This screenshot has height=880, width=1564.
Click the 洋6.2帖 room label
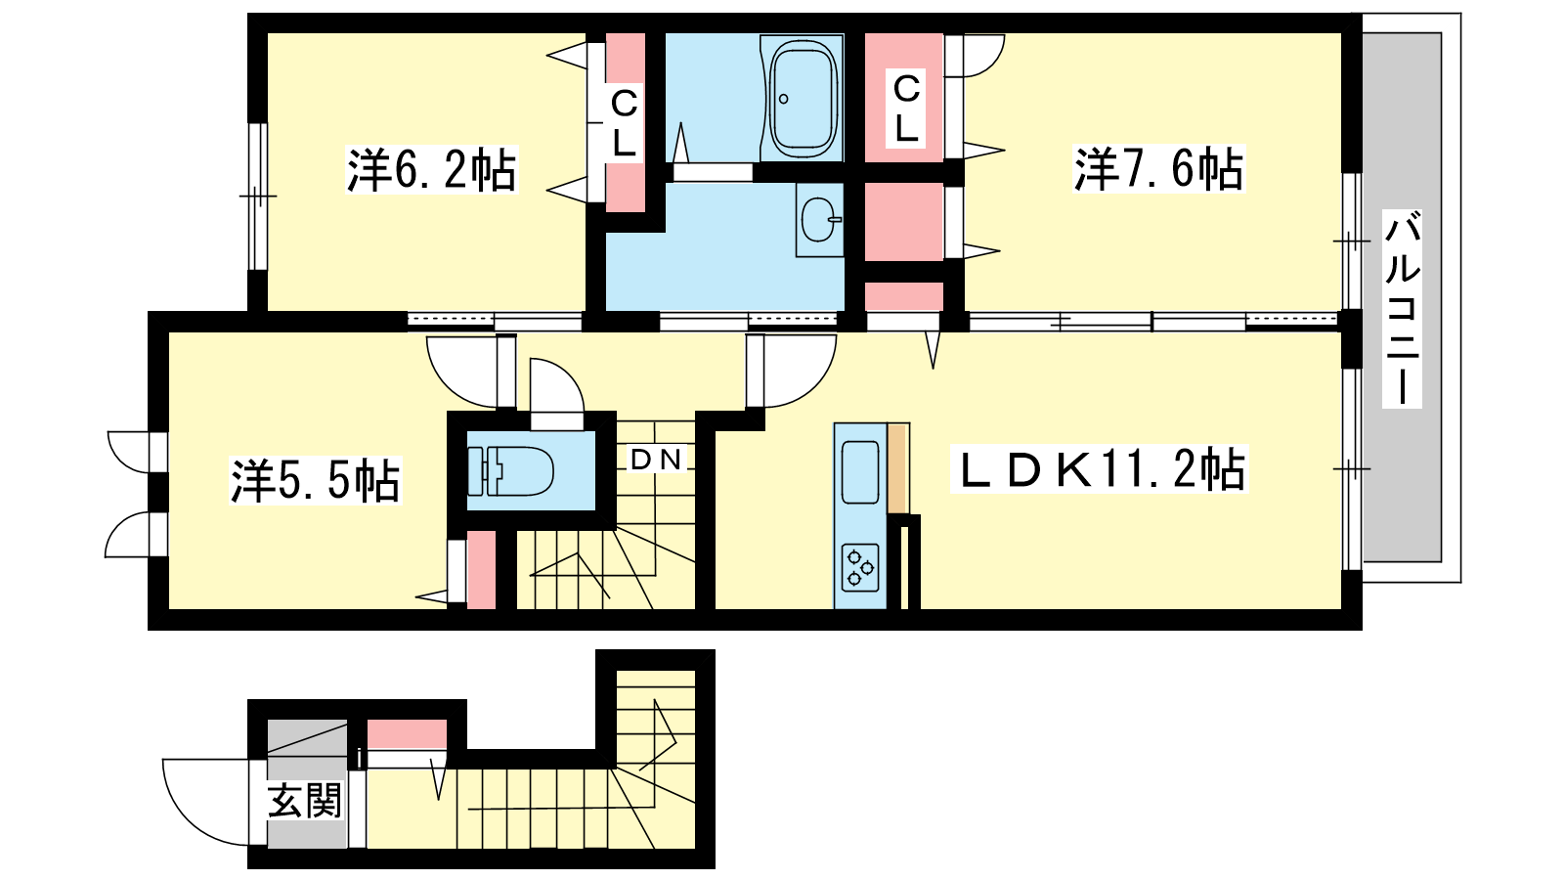coord(431,170)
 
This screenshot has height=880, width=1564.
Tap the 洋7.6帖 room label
coord(1159,169)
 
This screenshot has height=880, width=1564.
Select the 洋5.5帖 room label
coord(316,480)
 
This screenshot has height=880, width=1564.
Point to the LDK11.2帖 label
coord(1099,469)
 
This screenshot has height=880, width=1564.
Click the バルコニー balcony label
coord(1402,308)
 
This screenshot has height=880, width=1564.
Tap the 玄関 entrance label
coord(305,801)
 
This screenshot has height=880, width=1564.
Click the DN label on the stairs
coord(656,459)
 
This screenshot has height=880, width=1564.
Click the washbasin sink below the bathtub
coord(819,219)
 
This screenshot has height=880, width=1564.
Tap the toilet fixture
coord(510,470)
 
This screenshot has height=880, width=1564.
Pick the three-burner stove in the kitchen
coord(860,566)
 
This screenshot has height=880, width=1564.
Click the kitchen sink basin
coord(860,472)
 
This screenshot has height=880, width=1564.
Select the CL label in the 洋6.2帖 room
coord(624,123)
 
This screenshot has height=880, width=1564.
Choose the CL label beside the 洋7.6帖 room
coord(906,109)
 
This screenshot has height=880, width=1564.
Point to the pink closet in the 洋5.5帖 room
coord(481,569)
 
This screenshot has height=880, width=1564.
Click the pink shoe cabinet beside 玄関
coord(407,734)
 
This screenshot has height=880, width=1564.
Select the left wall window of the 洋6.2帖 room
coord(258,197)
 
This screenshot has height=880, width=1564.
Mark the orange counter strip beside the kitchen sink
coord(898,468)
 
